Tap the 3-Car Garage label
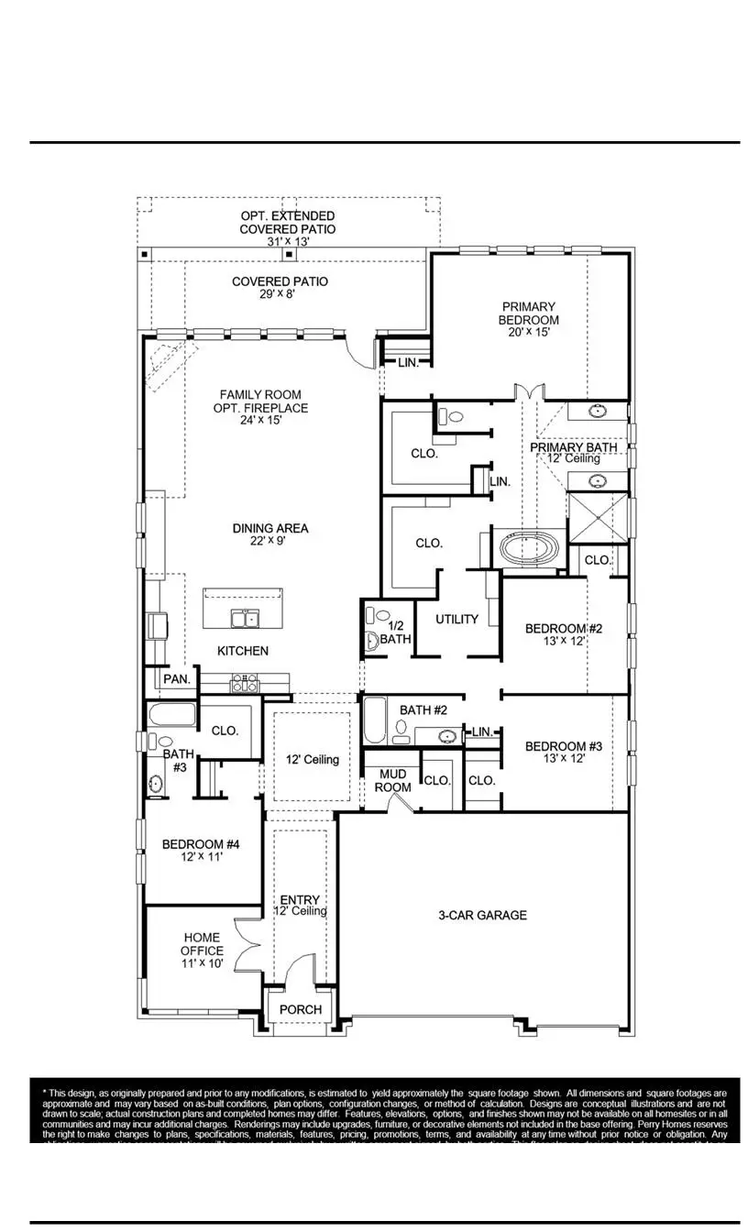[482, 915]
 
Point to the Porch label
[301, 1009]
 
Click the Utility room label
[456, 619]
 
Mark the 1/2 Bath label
[395, 632]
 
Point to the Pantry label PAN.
[177, 679]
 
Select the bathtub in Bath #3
[171, 715]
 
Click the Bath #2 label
[423, 709]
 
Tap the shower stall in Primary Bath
[598, 518]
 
